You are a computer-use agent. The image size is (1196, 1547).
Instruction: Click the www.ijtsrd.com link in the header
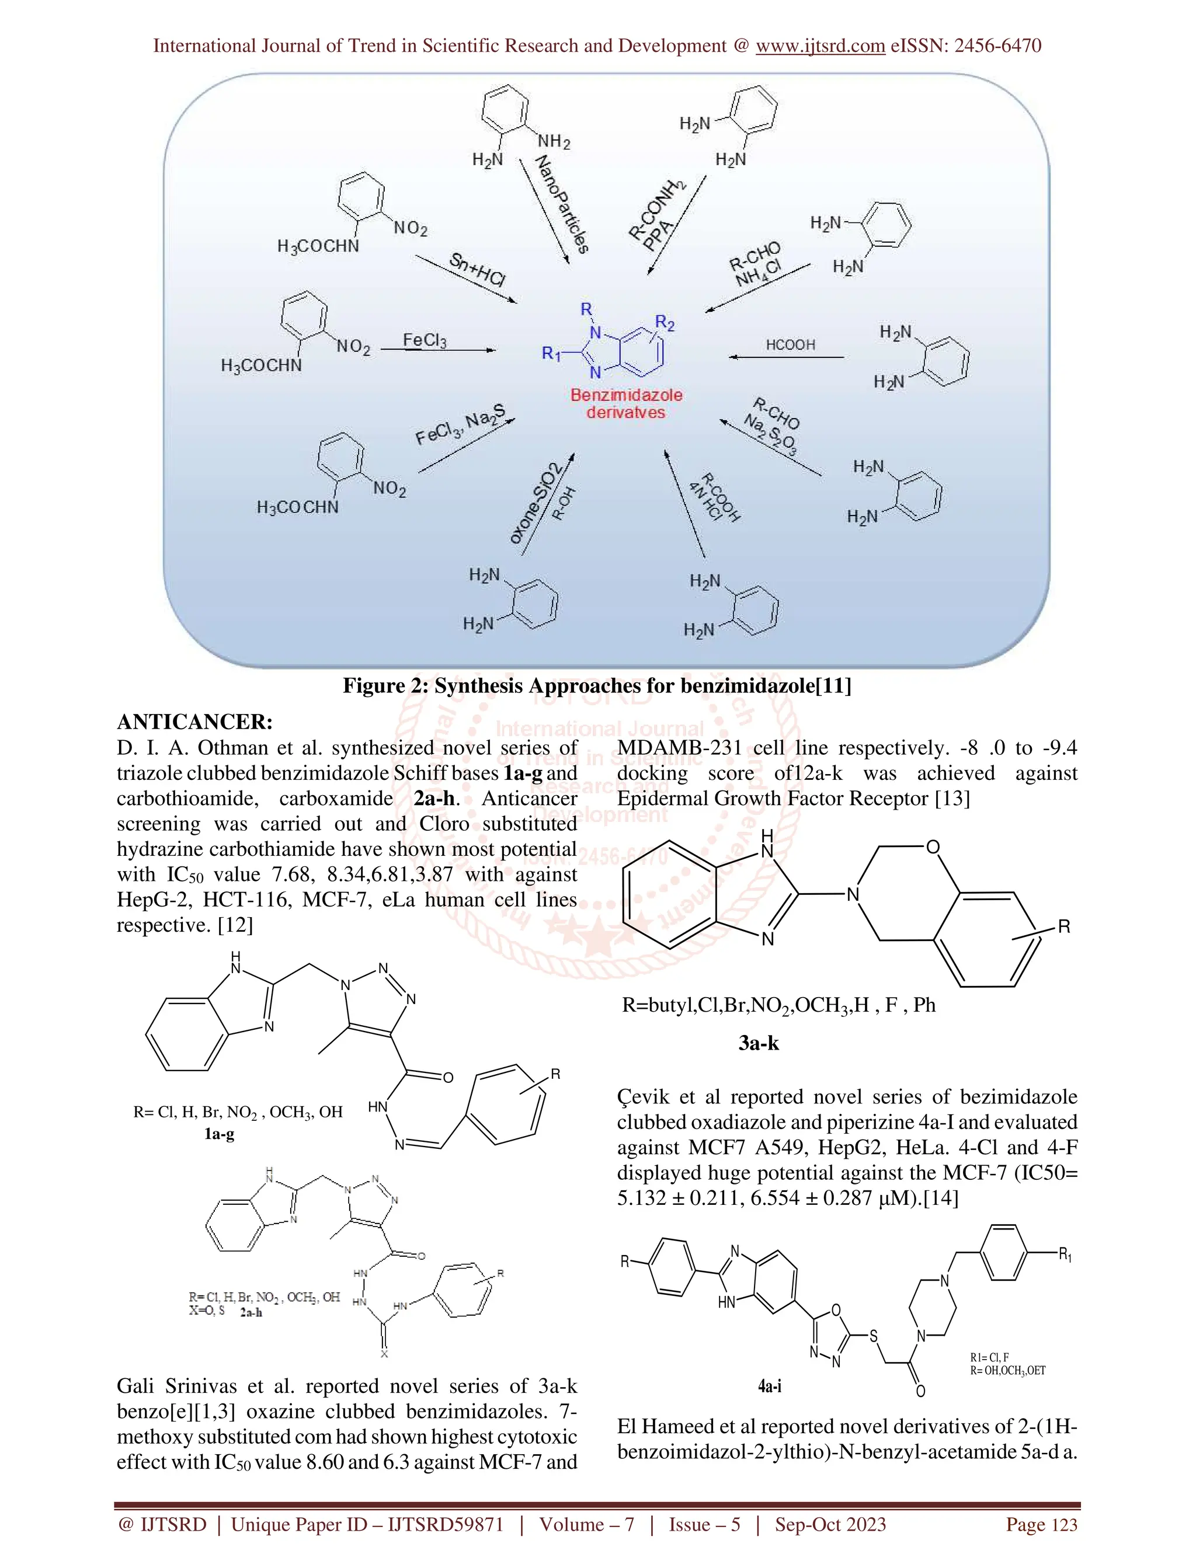820,46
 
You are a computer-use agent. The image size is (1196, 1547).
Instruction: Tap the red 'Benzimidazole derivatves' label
627,404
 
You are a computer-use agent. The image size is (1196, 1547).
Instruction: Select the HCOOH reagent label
790,345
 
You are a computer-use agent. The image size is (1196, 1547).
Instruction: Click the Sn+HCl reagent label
478,270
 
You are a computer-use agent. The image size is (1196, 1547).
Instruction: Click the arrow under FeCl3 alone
438,350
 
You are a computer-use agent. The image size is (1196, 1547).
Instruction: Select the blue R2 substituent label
665,324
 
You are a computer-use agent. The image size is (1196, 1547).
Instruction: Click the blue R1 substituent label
551,353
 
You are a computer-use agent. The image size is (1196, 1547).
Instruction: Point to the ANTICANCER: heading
194,722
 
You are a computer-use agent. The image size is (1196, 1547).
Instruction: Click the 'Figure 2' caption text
597,686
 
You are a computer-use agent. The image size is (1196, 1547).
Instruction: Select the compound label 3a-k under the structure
758,1043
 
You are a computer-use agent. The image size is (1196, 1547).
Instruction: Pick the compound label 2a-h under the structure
251,1312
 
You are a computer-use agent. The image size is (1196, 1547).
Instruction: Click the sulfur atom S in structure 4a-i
873,1336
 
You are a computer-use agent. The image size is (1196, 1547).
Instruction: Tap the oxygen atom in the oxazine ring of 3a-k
933,847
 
